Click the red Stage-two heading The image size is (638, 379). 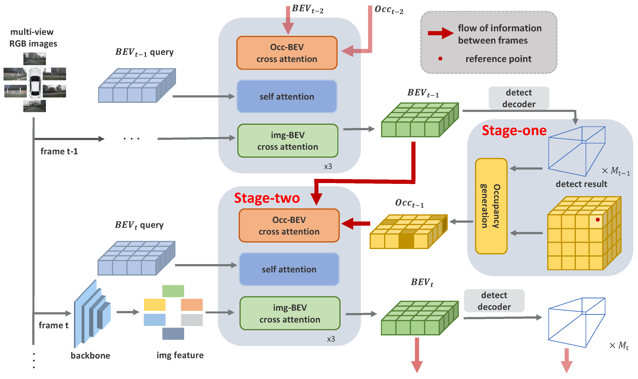point(267,198)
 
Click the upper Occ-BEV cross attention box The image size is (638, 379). point(287,53)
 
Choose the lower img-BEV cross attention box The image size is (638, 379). point(290,313)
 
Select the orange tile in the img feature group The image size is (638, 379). point(192,305)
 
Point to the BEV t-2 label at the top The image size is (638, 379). point(307,9)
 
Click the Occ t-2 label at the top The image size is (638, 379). point(389,10)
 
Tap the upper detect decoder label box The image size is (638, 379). point(519,98)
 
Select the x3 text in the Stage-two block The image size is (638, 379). point(331,339)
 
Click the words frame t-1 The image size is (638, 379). point(59,151)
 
